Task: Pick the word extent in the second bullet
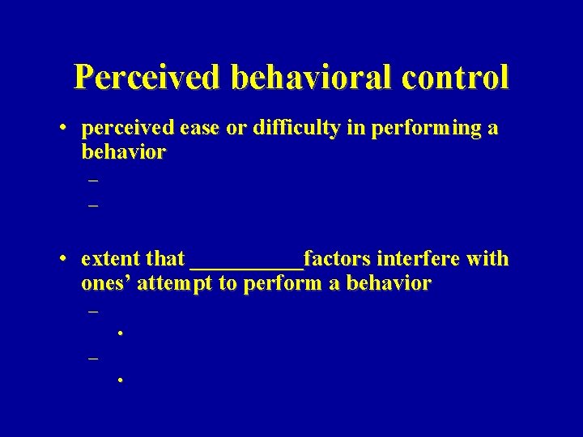[110, 259]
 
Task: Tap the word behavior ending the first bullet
[123, 152]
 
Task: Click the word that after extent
[165, 259]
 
